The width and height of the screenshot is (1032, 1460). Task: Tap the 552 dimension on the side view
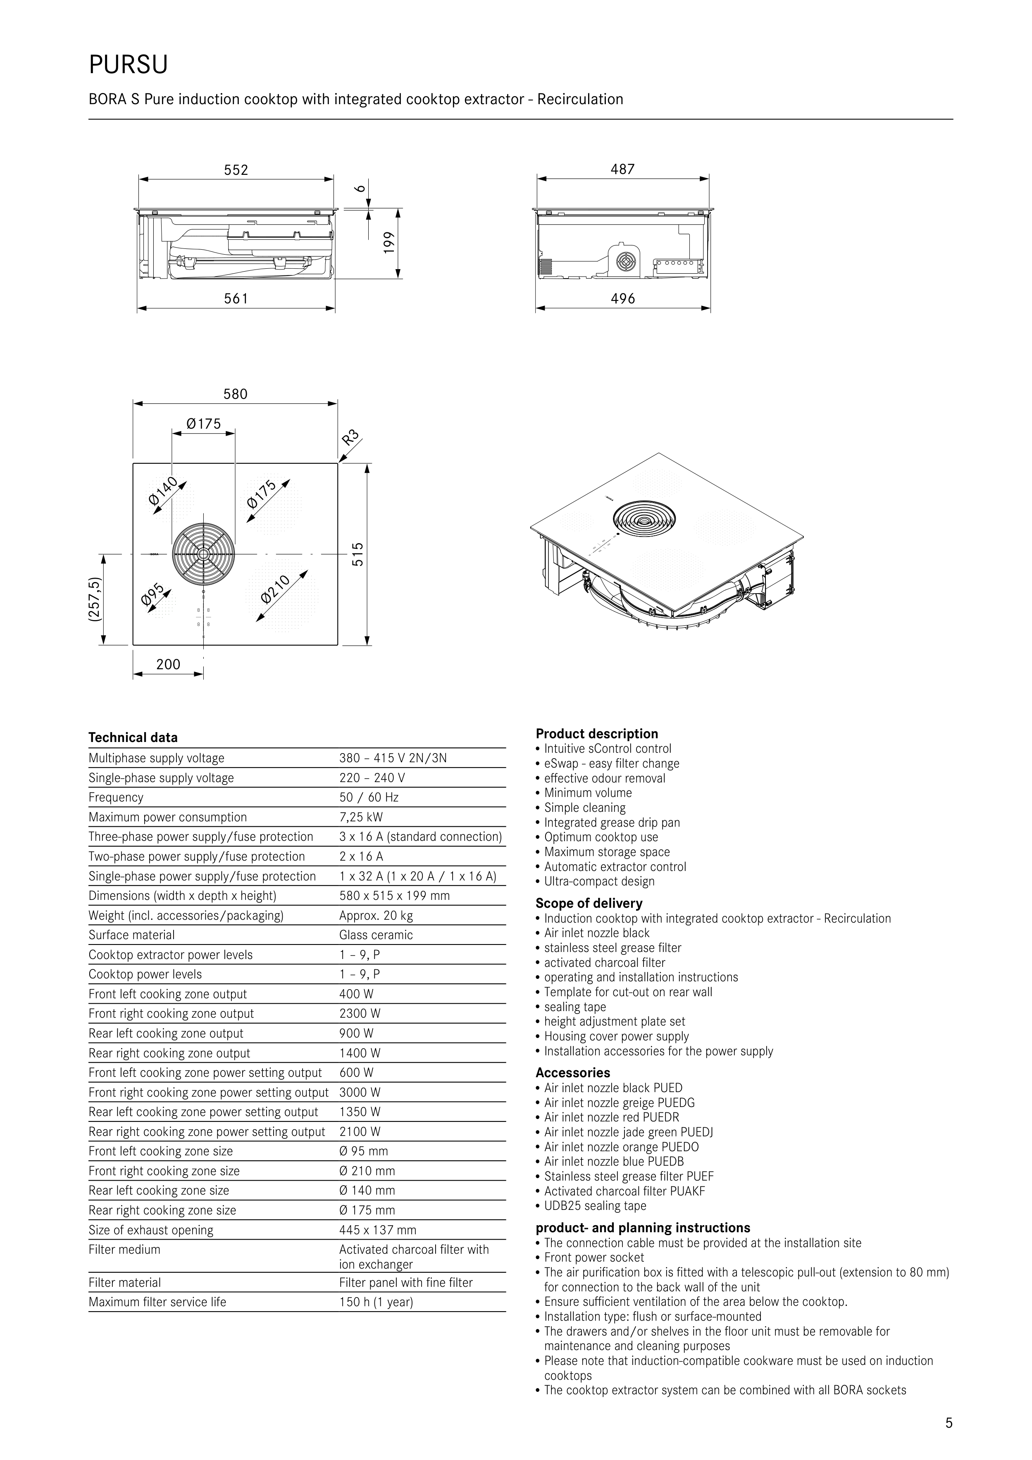(236, 170)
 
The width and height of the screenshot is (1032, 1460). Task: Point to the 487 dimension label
(622, 169)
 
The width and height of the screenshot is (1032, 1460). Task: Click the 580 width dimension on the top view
(235, 394)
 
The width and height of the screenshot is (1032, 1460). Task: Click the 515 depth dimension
(358, 554)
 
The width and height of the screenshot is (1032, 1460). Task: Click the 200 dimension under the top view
(169, 665)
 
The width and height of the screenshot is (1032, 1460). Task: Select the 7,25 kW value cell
(361, 817)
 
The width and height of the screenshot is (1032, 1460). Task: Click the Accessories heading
(573, 1073)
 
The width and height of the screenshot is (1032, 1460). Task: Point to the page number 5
(949, 1424)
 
